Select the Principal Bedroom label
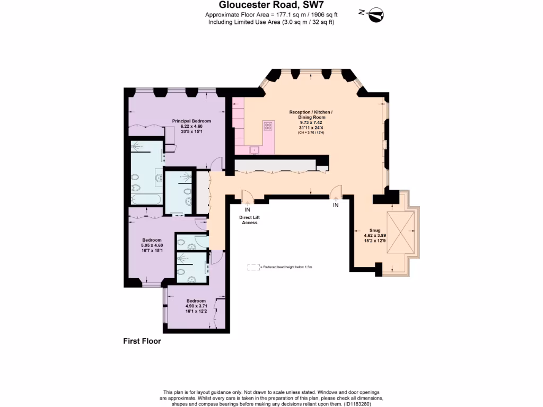191,121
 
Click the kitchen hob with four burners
268,126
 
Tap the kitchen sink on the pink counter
255,149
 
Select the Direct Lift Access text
249,220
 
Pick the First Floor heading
142,341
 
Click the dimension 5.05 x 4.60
152,245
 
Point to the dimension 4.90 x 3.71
196,306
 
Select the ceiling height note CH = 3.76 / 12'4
311,132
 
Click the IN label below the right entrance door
335,205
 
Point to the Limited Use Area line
271,22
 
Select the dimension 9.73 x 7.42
311,122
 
